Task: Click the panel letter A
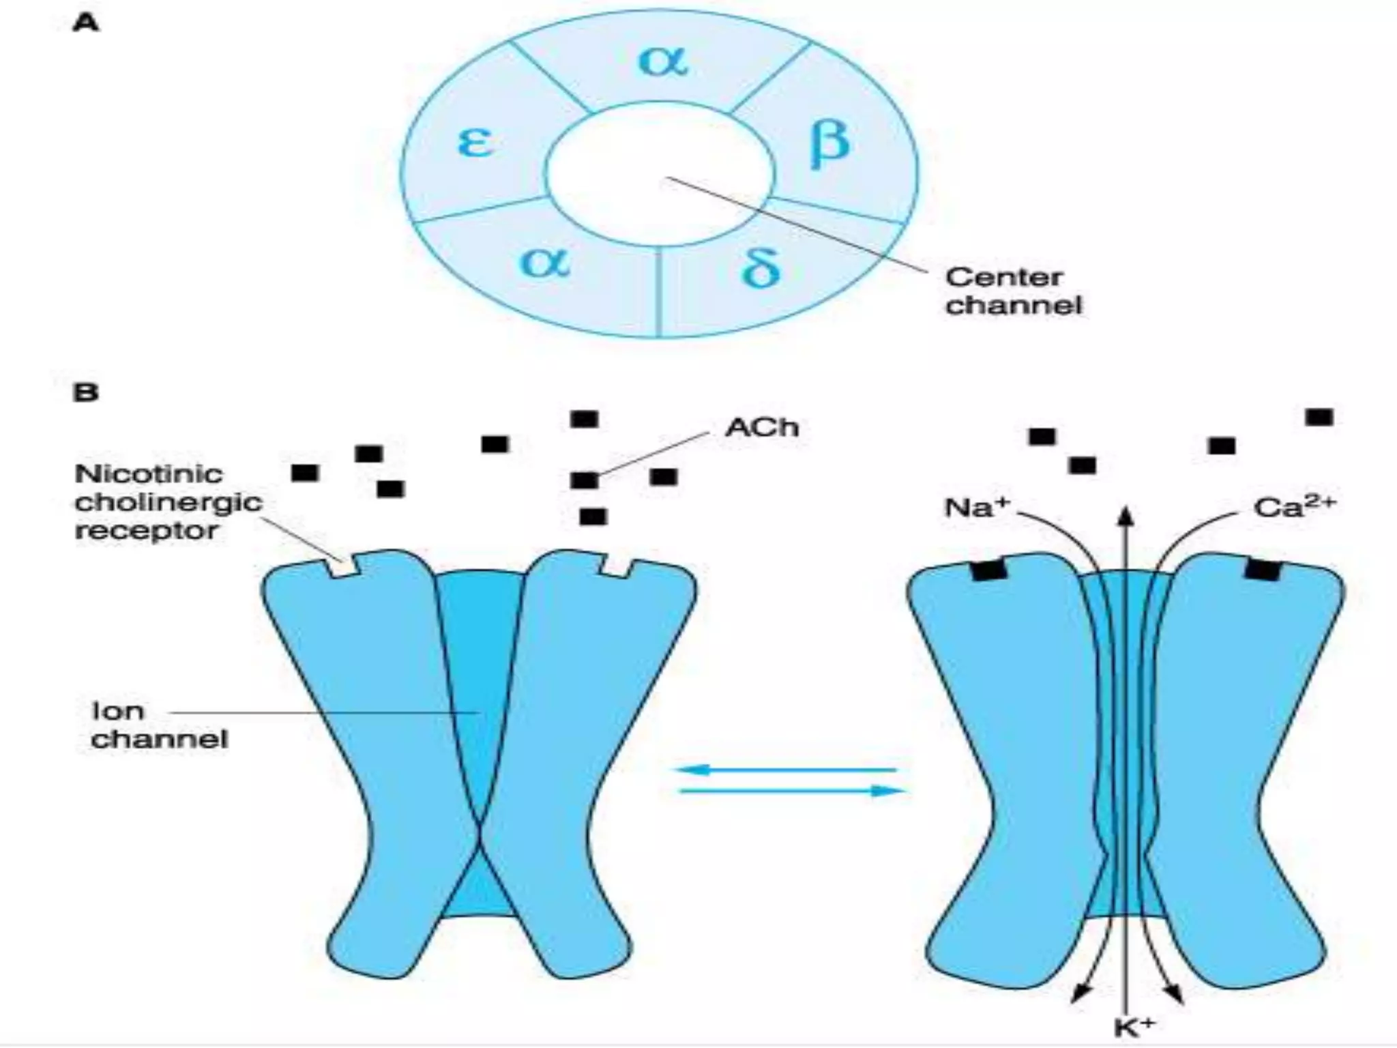pos(86,24)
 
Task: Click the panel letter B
pos(86,392)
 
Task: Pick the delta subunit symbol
pos(760,267)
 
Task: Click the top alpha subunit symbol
pos(663,61)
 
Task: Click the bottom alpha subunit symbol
pos(544,262)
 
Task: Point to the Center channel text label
pos(1012,291)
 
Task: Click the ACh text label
pos(761,428)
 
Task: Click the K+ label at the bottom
pos(1134,1028)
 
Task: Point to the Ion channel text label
pos(158,725)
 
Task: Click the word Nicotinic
pos(149,474)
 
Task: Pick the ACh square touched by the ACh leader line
pos(585,480)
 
